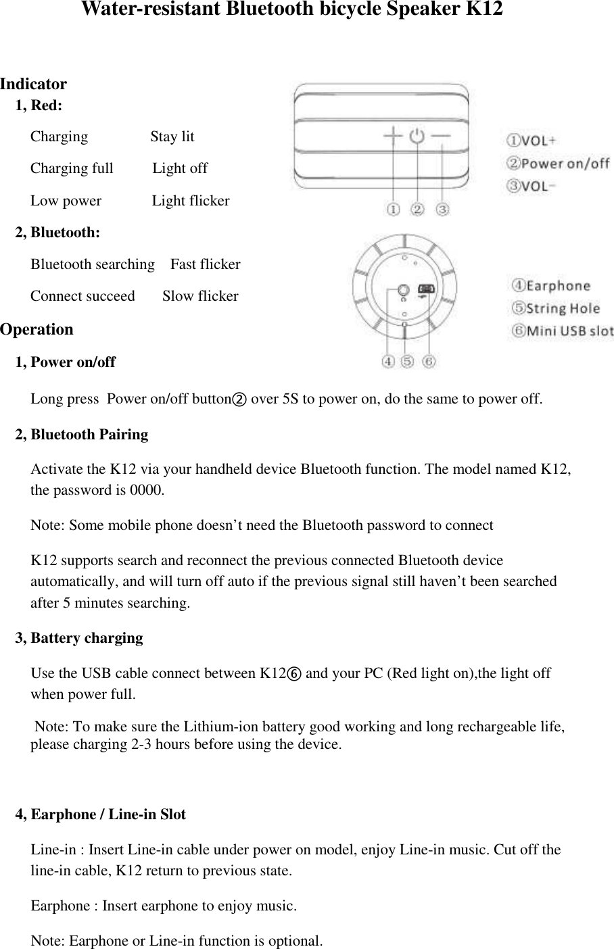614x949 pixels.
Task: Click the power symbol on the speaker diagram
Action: coord(417,136)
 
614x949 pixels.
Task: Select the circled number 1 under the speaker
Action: coord(393,210)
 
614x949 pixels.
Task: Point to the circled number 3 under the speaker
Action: coord(442,210)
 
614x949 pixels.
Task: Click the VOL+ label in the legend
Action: coord(532,141)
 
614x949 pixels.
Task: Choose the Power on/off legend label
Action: coord(559,163)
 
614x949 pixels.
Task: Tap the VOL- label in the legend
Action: coord(532,186)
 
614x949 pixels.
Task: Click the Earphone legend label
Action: coord(550,286)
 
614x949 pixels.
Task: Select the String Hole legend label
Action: coord(555,308)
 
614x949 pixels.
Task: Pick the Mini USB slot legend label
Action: coord(562,331)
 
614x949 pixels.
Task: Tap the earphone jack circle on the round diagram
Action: coord(403,291)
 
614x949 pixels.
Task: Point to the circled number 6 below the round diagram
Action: coord(429,362)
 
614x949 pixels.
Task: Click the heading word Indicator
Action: coord(33,84)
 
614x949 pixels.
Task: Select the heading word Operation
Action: coord(37,330)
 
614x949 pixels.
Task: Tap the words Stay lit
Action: coord(172,137)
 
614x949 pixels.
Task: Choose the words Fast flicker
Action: coord(205,264)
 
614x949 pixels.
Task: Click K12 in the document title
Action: coord(484,9)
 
